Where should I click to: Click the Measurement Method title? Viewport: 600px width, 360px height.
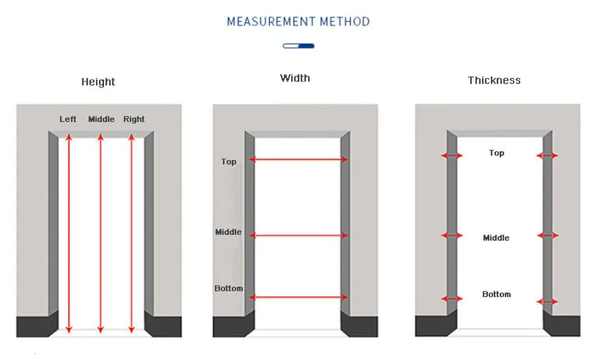pos(298,22)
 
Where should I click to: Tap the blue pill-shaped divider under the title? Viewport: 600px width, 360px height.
pos(298,46)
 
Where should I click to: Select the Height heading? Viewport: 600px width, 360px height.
pos(98,82)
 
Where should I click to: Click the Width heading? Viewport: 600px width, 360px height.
pos(294,78)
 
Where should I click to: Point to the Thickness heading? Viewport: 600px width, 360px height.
pos(494,80)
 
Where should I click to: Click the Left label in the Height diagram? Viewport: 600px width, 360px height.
pos(68,119)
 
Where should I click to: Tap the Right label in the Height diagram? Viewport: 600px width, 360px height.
pos(134,119)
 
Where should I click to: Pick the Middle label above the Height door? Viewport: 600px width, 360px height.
pos(101,119)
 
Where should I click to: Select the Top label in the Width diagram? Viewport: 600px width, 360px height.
pos(229,162)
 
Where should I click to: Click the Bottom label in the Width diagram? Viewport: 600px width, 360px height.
pos(229,288)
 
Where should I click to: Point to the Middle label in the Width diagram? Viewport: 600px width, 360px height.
pos(228,232)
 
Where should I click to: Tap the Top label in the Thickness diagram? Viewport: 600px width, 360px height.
pos(497,153)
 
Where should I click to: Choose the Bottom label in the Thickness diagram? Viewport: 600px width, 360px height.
pos(497,294)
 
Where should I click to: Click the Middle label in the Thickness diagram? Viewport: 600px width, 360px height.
pos(496,238)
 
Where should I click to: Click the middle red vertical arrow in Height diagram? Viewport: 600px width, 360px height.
pos(101,233)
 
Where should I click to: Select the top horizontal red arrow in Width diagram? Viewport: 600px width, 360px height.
pos(298,159)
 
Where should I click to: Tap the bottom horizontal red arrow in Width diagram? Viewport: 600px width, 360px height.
pos(298,297)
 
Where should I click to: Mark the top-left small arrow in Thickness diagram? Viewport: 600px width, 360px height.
pos(452,155)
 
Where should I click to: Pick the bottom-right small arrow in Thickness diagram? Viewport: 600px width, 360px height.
pos(547,302)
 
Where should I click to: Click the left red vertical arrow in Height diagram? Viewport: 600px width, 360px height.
pos(69,233)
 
